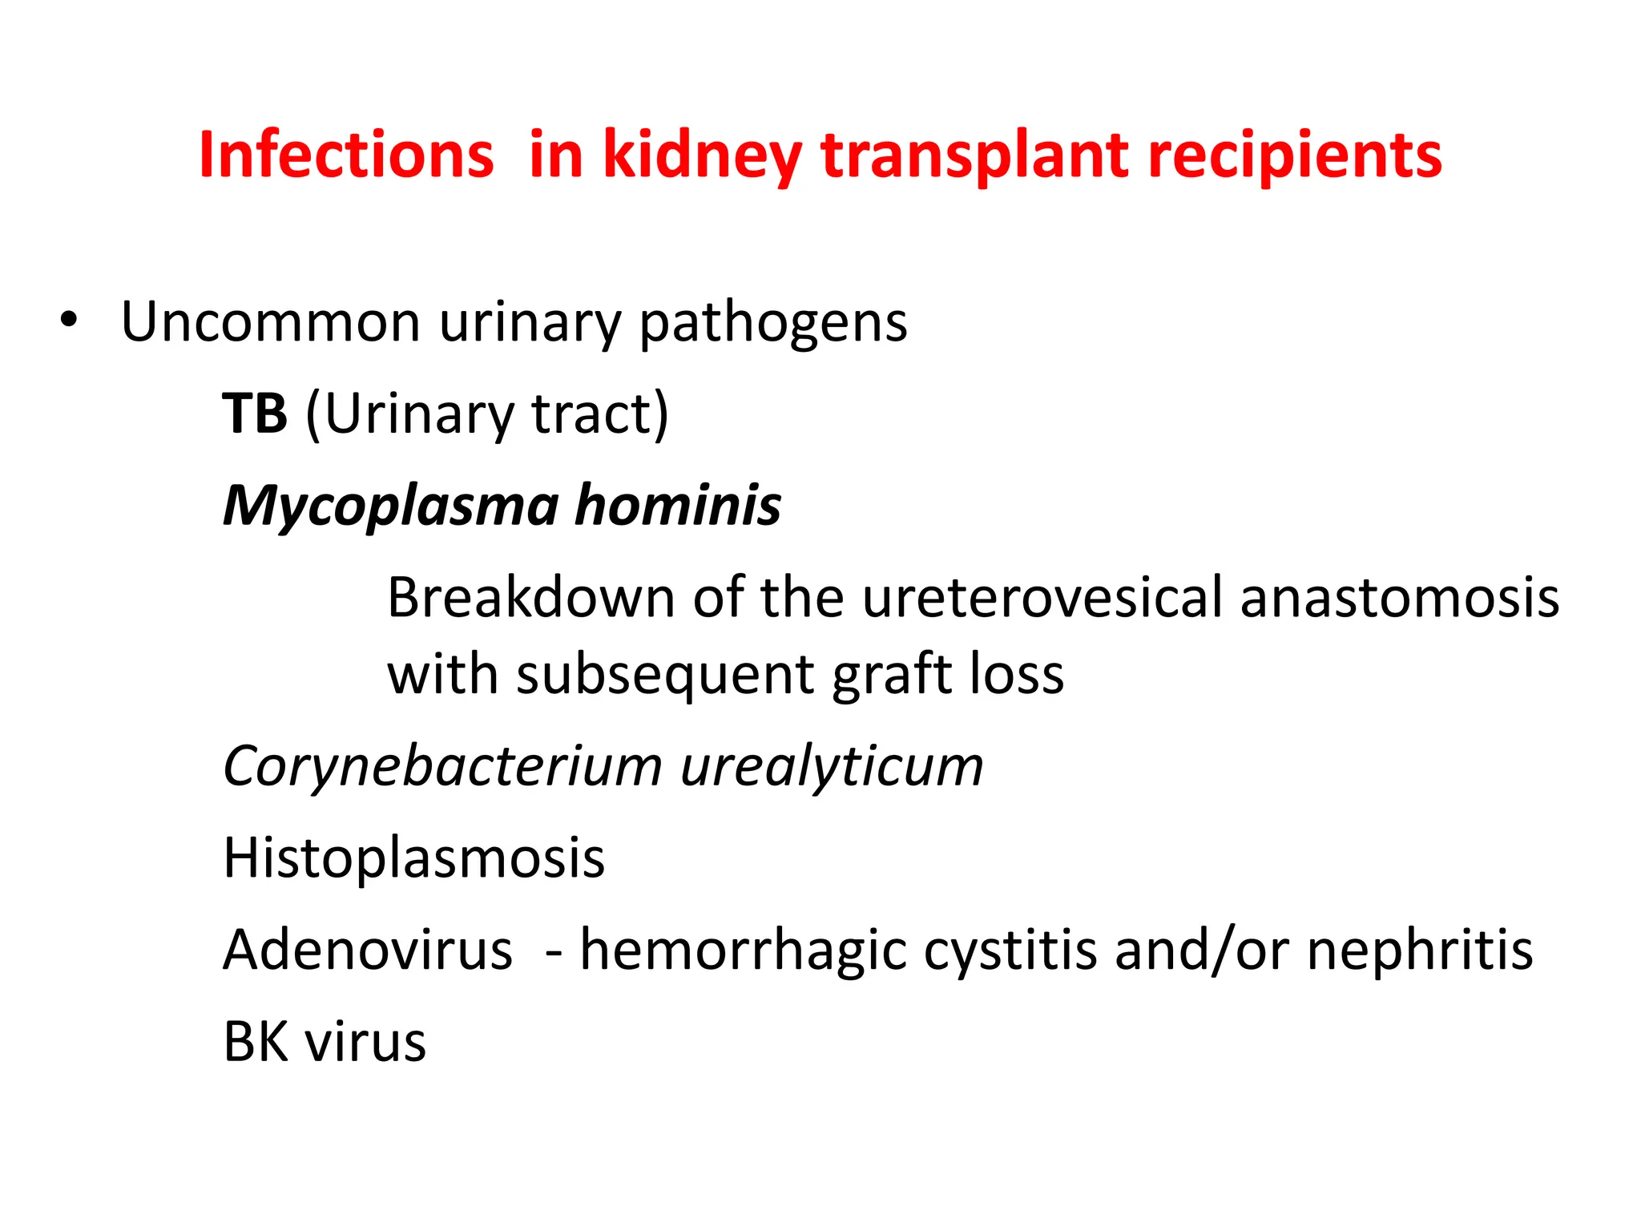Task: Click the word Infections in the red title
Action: [346, 155]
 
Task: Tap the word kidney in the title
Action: [701, 155]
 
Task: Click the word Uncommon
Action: [270, 323]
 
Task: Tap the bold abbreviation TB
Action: [255, 414]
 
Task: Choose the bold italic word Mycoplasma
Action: [390, 507]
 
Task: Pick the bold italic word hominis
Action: [678, 507]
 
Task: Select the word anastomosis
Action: [1399, 598]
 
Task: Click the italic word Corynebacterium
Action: [442, 767]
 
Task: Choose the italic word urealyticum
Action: [832, 767]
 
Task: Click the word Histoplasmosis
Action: [413, 858]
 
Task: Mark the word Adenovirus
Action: [368, 950]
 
